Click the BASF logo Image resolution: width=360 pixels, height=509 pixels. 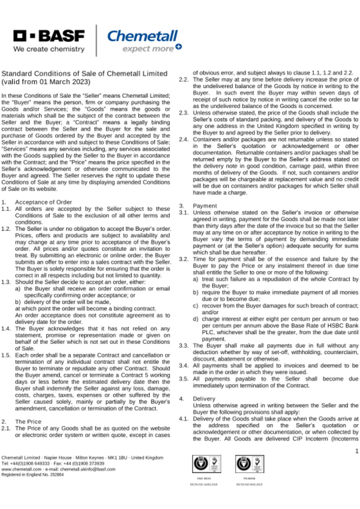[x=49, y=37]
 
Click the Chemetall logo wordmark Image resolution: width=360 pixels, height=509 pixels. [x=142, y=36]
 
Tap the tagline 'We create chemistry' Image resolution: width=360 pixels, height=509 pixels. [x=49, y=49]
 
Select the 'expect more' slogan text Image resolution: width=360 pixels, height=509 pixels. [x=148, y=49]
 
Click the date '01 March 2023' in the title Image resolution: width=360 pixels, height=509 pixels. [x=65, y=82]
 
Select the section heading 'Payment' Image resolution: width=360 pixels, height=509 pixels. [x=204, y=206]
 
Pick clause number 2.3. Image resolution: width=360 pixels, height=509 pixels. [x=183, y=113]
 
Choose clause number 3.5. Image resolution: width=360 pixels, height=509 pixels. [x=183, y=379]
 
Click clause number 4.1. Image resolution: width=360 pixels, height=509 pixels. [x=183, y=419]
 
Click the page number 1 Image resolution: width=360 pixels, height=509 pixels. [x=356, y=451]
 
